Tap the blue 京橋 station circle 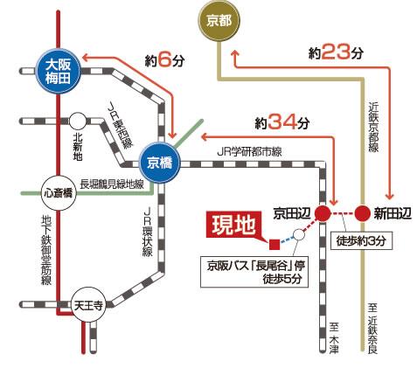[159, 163]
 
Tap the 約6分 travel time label [164, 61]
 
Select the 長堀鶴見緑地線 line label [111, 184]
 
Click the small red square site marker [274, 242]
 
